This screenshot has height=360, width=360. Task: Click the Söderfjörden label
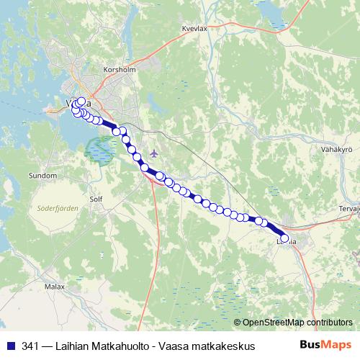(57, 208)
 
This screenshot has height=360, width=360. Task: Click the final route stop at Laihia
(284, 238)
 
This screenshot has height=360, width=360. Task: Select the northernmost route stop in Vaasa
(81, 102)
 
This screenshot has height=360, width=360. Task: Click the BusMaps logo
(325, 346)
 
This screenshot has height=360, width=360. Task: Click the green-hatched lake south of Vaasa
(100, 150)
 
